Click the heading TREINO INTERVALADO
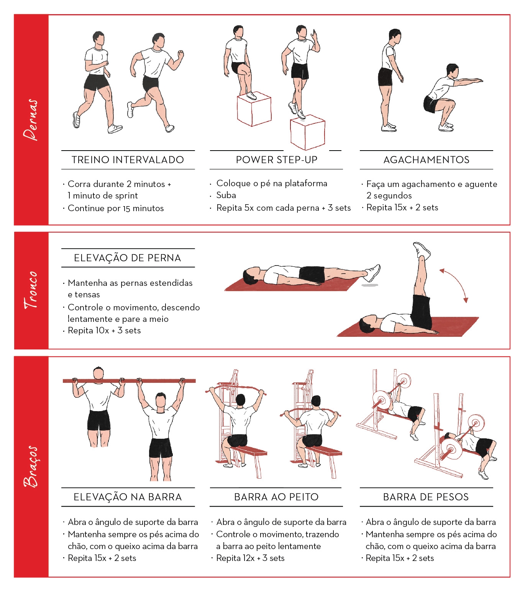(128, 160)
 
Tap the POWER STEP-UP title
(276, 160)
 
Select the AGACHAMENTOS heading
(426, 160)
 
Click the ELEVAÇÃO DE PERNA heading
(128, 258)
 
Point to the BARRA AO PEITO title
(276, 497)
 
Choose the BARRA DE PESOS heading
(426, 497)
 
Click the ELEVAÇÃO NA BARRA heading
(128, 497)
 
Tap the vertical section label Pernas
(31, 120)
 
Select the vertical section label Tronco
(31, 290)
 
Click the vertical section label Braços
(31, 466)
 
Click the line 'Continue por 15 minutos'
(115, 208)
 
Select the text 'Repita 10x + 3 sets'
(104, 330)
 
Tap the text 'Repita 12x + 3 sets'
(250, 558)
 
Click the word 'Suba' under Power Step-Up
(226, 195)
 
